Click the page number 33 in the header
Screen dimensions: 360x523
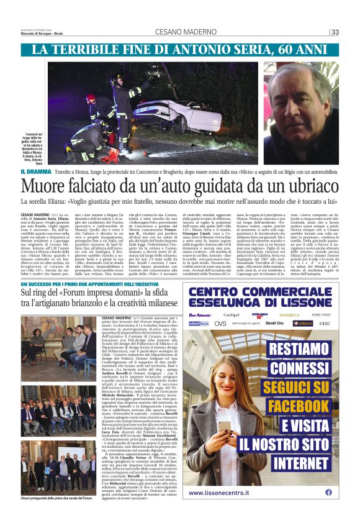pyautogui.click(x=335, y=32)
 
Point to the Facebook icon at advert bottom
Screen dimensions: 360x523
pyautogui.click(x=328, y=492)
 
